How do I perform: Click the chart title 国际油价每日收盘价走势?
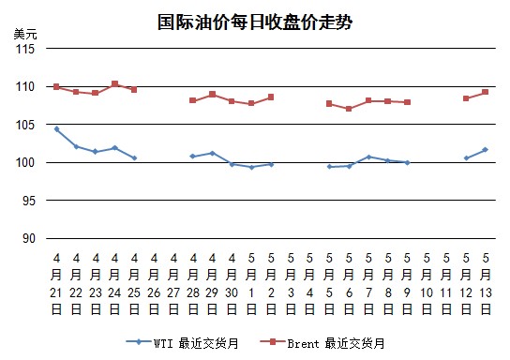click(255, 22)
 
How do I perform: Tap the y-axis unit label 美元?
click(25, 34)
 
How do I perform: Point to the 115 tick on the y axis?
click(25, 49)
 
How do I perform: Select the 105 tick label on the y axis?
click(25, 125)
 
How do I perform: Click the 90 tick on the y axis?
click(29, 238)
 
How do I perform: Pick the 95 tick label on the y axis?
click(29, 201)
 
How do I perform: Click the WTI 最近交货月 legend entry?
click(183, 343)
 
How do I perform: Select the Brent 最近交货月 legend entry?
click(322, 343)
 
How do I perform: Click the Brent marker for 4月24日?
click(114, 83)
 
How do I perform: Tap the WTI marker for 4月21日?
click(56, 129)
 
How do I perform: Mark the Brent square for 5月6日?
click(349, 109)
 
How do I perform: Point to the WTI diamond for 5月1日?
click(251, 167)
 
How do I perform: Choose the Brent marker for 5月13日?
click(486, 92)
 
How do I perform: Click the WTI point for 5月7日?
click(368, 157)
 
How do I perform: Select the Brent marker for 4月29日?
click(213, 94)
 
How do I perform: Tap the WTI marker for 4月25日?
click(134, 158)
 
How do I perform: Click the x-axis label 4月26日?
click(154, 283)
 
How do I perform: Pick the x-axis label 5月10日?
click(427, 283)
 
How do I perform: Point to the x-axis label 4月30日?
click(232, 283)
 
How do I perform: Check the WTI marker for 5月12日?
click(467, 158)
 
